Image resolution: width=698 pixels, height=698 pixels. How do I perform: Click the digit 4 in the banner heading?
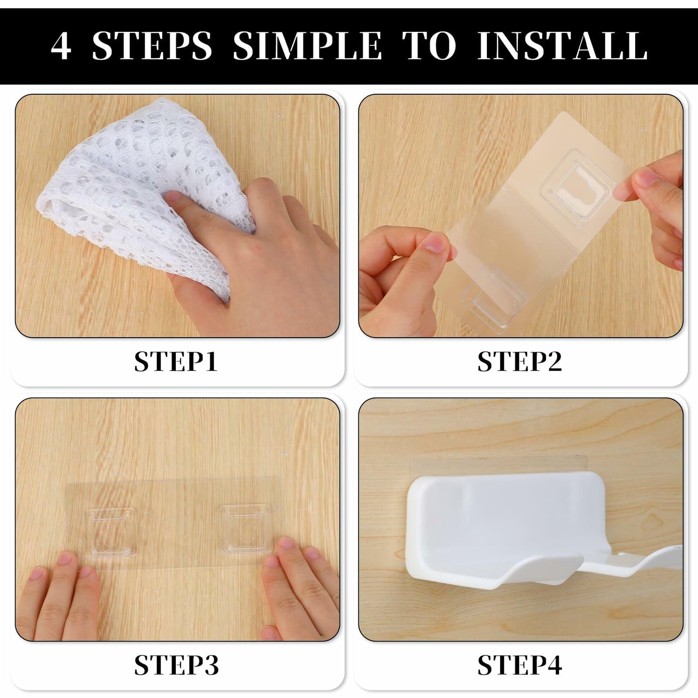(61, 46)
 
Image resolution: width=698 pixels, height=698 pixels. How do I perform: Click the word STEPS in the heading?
(152, 46)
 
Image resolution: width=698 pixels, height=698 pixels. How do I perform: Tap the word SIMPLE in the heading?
(307, 46)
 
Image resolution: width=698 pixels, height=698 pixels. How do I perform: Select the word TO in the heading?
(429, 46)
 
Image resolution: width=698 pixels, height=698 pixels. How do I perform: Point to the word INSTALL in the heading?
(563, 46)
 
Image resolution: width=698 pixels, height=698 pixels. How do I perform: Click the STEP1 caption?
(176, 361)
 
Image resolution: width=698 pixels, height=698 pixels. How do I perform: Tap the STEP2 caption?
(520, 361)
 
